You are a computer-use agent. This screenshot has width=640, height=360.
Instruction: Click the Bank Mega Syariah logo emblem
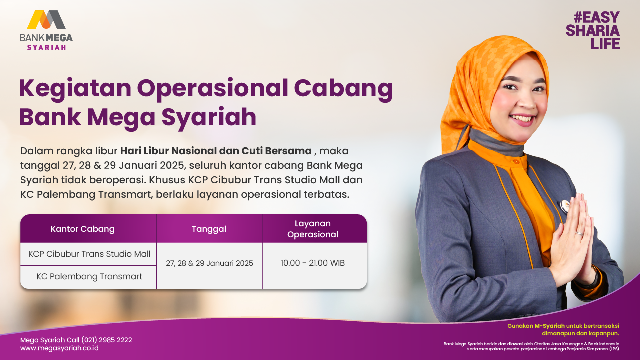tap(46, 20)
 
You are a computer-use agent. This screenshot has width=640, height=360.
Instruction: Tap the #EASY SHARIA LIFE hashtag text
tap(593, 30)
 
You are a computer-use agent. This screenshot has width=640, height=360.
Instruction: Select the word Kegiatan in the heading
tap(75, 89)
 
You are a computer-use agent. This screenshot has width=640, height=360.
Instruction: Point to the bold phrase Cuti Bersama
tap(276, 151)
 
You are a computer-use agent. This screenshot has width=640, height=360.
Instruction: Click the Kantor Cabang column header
tap(83, 229)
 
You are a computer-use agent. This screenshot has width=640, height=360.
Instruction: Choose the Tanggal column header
tap(209, 229)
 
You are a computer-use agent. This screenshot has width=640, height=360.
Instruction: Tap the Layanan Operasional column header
tap(313, 229)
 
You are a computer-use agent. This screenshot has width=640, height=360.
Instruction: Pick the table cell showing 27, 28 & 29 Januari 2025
tap(209, 263)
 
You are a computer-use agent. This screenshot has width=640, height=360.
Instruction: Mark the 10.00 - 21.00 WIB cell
tap(313, 263)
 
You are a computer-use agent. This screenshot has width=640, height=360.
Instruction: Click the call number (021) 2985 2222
tap(107, 340)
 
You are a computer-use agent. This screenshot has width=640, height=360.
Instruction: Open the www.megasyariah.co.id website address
tap(59, 348)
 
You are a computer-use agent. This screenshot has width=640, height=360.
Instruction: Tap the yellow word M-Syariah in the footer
tap(549, 326)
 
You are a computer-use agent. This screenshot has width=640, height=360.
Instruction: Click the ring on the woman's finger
tap(579, 234)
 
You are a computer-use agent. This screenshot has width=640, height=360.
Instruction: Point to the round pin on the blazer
tap(564, 206)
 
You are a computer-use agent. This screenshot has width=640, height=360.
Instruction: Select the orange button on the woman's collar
tap(516, 162)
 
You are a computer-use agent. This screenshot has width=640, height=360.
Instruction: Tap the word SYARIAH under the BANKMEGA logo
tap(46, 47)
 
